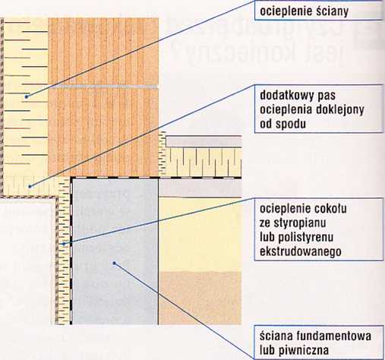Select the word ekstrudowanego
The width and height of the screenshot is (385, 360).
click(x=301, y=251)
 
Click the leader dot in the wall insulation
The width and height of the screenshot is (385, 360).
click(x=27, y=96)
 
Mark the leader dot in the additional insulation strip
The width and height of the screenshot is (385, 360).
click(x=30, y=187)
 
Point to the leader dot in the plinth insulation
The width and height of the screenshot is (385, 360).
click(x=64, y=244)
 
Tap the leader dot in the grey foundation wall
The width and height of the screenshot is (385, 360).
click(x=114, y=264)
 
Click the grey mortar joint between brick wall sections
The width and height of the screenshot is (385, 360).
click(x=103, y=87)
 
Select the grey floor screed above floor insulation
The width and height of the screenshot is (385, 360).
click(x=204, y=141)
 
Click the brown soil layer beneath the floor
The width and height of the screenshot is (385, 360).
click(x=200, y=298)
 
